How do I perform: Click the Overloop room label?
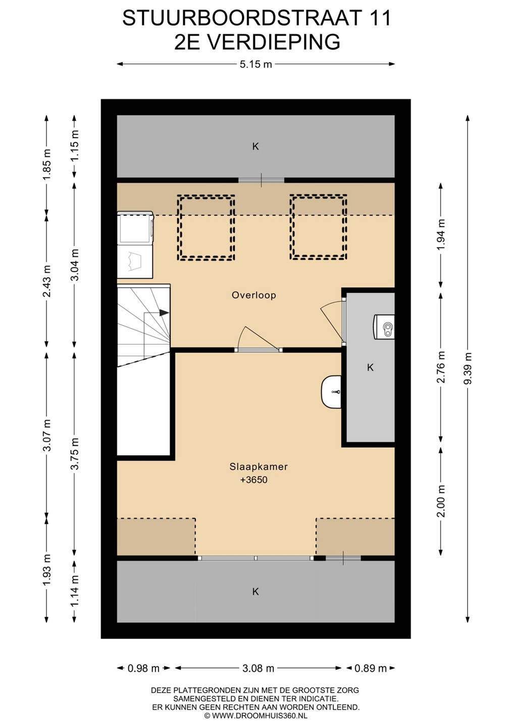pyautogui.click(x=254, y=295)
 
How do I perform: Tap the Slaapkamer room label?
pyautogui.click(x=259, y=467)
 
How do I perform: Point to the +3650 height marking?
pyautogui.click(x=254, y=480)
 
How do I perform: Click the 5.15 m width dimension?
pyautogui.click(x=255, y=64)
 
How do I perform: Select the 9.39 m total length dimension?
pyautogui.click(x=468, y=368)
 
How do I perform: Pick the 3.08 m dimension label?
pyautogui.click(x=259, y=668)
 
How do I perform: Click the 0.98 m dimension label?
pyautogui.click(x=143, y=668)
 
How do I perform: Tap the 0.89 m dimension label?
pyautogui.click(x=370, y=668)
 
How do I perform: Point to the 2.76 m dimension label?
pyautogui.click(x=441, y=367)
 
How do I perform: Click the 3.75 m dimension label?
pyautogui.click(x=75, y=453)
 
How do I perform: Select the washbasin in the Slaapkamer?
pyautogui.click(x=331, y=392)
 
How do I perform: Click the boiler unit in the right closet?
pyautogui.click(x=384, y=327)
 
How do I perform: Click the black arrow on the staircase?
pyautogui.click(x=164, y=312)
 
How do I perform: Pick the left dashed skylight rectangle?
pyautogui.click(x=206, y=227)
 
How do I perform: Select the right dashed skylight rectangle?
pyautogui.click(x=318, y=227)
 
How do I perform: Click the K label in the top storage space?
pyautogui.click(x=255, y=147)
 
